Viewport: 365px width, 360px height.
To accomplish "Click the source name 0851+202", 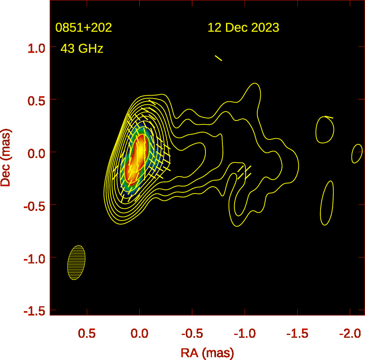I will [x=84, y=28].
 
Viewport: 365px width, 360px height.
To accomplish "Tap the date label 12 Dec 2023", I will [x=243, y=28].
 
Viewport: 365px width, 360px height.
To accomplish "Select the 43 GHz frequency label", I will [x=82, y=49].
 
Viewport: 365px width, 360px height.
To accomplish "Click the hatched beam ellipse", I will [x=76, y=263].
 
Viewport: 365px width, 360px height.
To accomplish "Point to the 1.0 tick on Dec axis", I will [x=36, y=48].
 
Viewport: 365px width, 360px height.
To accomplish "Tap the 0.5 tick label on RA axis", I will [x=86, y=334].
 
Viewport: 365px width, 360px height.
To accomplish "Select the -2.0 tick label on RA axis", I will [x=350, y=334].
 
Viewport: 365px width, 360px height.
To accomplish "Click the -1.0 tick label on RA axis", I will [x=244, y=334].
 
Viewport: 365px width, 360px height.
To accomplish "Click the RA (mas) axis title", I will [x=207, y=353].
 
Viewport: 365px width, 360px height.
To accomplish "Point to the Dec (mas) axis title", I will [x=6, y=158].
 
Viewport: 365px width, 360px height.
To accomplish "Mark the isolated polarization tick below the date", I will [x=218, y=58].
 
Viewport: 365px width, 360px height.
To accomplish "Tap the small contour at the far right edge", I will [x=357, y=154].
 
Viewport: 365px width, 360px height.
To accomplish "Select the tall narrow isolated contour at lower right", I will [x=327, y=203].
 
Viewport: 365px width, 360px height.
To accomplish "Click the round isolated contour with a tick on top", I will [x=325, y=130].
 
